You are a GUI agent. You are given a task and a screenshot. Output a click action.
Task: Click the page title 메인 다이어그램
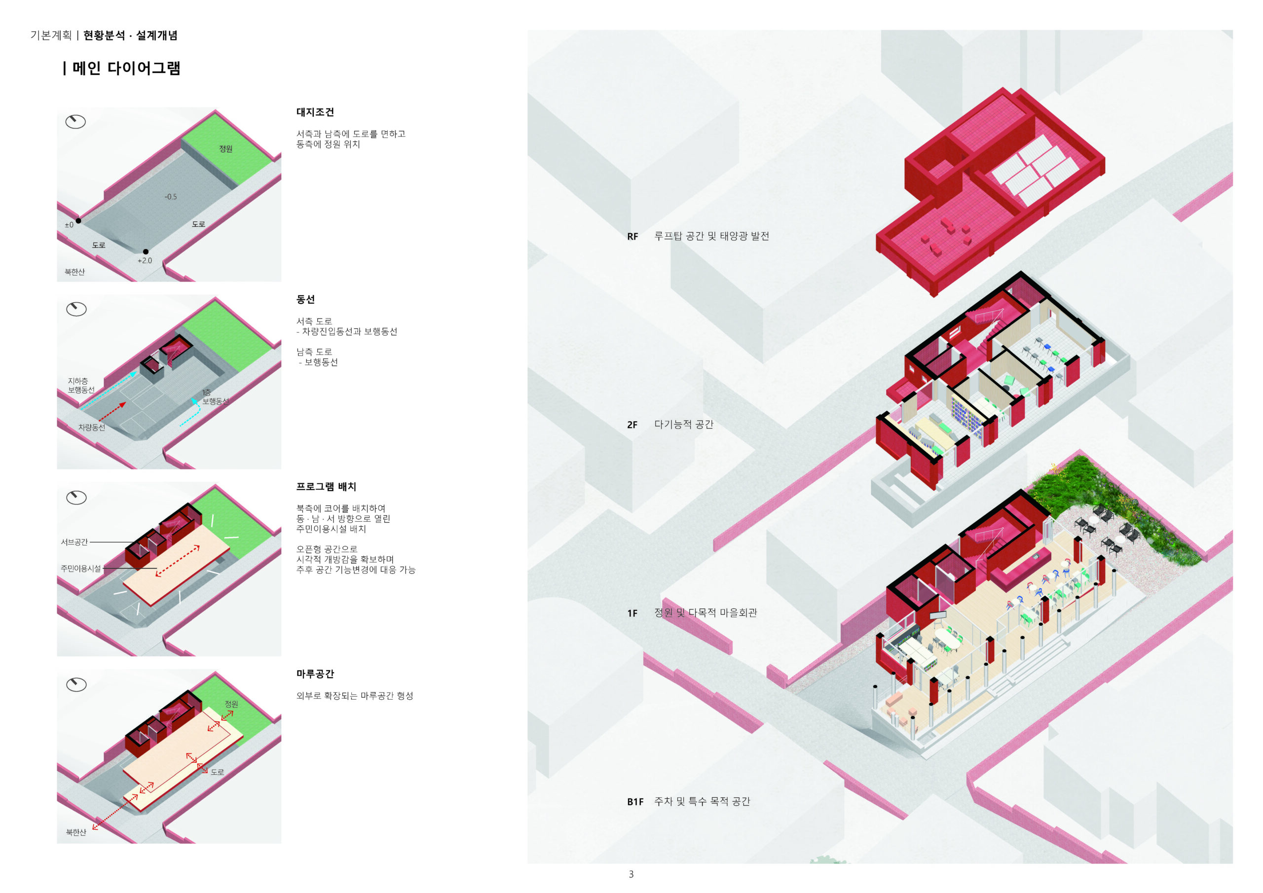coord(126,69)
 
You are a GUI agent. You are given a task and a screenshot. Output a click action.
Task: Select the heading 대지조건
coord(315,112)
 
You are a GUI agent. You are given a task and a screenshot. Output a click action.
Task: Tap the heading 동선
coord(305,300)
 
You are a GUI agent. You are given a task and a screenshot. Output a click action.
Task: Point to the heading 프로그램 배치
coord(326,487)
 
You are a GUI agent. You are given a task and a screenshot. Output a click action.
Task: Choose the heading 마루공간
coord(315,674)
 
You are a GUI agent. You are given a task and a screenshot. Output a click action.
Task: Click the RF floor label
coord(632,237)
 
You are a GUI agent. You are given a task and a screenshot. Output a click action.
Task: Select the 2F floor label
coord(632,425)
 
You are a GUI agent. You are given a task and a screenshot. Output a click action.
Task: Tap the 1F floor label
coord(632,613)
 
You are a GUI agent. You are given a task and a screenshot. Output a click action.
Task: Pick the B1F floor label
coord(635,802)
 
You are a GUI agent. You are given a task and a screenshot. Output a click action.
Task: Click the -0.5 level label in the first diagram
coord(171,197)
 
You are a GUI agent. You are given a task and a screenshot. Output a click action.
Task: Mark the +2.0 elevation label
coord(145,261)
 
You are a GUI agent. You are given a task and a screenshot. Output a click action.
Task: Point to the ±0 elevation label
coord(69,225)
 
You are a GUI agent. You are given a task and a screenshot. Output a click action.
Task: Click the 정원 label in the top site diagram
coord(225,149)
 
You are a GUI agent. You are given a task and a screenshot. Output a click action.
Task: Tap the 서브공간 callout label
coord(74,542)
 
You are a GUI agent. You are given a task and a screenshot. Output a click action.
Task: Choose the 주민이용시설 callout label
coord(81,569)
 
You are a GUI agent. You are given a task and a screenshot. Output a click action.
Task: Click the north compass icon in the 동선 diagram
coord(76,310)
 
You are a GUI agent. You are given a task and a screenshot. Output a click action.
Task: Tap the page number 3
coord(631,874)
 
